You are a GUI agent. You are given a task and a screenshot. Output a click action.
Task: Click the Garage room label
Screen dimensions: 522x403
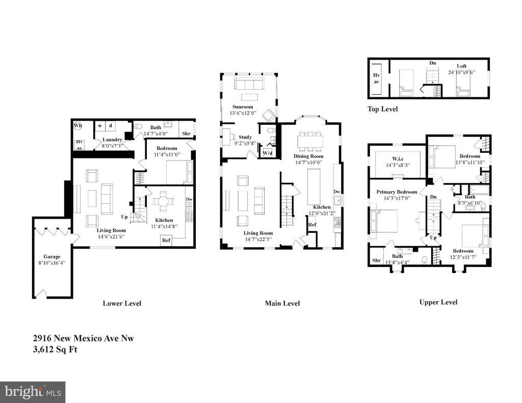click(x=51, y=257)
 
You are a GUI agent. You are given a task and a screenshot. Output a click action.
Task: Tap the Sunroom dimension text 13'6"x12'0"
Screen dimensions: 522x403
click(x=243, y=113)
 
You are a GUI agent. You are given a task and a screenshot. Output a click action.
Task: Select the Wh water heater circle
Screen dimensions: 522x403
click(x=77, y=125)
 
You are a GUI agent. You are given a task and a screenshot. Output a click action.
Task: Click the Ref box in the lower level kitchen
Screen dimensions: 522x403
click(x=166, y=240)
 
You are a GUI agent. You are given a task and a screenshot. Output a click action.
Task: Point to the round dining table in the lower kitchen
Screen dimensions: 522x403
click(x=163, y=202)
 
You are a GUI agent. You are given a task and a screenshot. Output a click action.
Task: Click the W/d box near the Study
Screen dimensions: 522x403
click(x=267, y=153)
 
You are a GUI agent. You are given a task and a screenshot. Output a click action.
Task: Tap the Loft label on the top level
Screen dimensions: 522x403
click(x=461, y=66)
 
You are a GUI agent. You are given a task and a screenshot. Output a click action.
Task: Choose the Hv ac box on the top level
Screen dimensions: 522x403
click(x=376, y=78)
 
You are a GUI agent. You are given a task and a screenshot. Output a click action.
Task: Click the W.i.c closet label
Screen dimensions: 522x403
click(x=398, y=159)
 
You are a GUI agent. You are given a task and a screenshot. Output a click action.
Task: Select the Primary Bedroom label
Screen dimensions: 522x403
click(x=397, y=192)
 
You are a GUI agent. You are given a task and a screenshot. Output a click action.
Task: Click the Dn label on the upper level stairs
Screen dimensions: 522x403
click(x=433, y=197)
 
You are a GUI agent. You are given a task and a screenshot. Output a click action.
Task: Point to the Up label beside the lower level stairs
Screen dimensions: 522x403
click(x=124, y=217)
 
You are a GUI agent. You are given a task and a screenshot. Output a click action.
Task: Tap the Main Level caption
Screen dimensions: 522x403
click(x=282, y=303)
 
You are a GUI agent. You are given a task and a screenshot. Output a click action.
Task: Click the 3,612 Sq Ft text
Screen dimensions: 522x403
click(x=55, y=350)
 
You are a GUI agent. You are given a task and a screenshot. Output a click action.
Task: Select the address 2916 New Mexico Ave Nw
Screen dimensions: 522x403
click(x=83, y=338)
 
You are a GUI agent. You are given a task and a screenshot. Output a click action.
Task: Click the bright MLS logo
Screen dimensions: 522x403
click(x=33, y=392)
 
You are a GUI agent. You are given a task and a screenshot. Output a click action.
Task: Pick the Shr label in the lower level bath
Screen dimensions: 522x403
click(x=187, y=134)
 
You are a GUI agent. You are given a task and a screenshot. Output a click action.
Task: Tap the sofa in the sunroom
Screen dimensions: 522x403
click(x=249, y=83)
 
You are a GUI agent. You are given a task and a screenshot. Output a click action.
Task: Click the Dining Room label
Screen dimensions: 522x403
click(x=308, y=156)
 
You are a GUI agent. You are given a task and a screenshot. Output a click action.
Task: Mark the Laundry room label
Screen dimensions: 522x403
click(x=112, y=140)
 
